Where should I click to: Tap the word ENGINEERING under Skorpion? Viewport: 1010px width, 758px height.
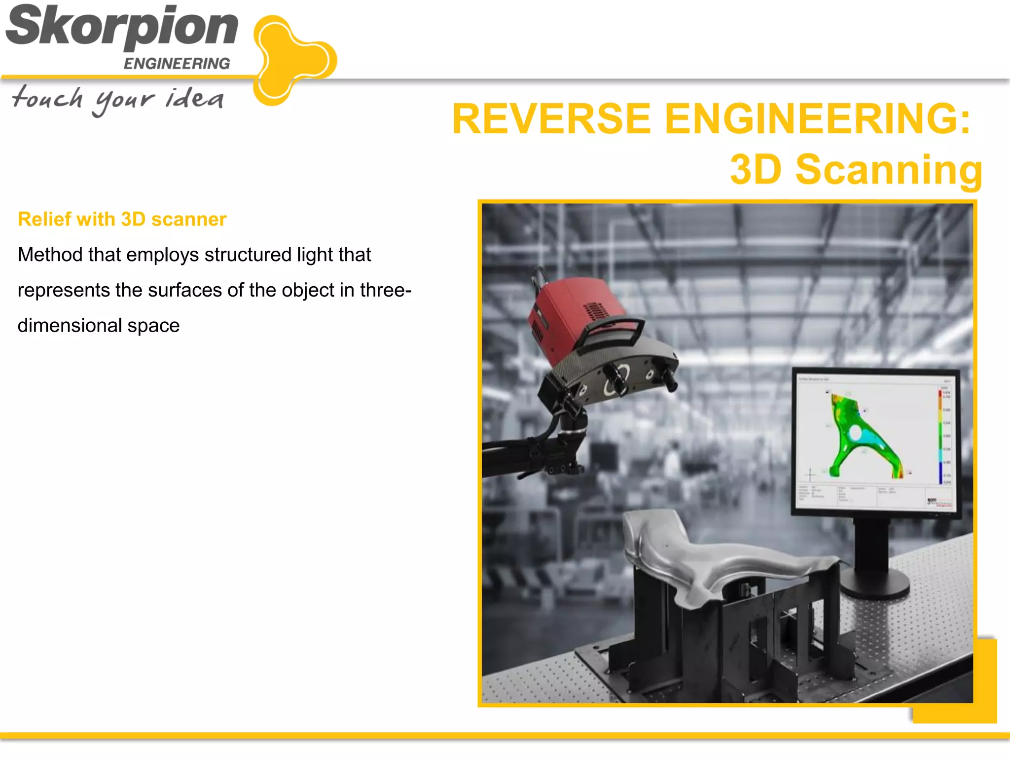click(x=177, y=64)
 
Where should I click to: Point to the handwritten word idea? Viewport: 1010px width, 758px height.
click(x=194, y=98)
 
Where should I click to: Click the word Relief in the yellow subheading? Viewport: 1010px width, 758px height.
click(x=42, y=219)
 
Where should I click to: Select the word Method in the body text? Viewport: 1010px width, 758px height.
click(x=50, y=255)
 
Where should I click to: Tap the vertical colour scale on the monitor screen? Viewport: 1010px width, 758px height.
click(x=940, y=434)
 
